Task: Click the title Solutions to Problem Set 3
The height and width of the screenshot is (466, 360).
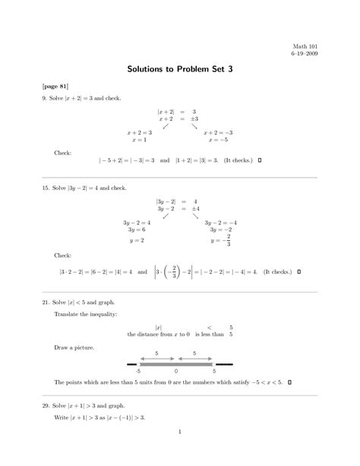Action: (179, 69)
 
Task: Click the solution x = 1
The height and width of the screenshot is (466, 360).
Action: (139, 140)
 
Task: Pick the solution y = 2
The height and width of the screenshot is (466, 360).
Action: (137, 240)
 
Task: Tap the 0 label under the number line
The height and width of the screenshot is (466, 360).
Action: (175, 372)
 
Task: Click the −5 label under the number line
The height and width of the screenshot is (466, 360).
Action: (137, 372)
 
